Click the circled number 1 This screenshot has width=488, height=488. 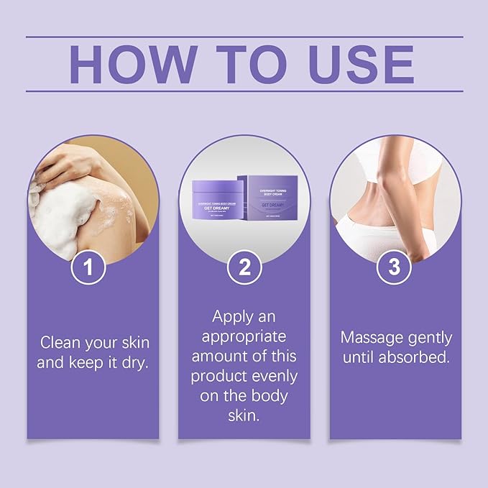tap(88, 267)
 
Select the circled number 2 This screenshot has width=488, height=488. tap(244, 267)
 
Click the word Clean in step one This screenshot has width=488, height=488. tap(63, 341)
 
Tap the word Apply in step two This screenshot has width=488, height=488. tap(232, 316)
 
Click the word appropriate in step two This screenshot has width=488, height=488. tap(244, 336)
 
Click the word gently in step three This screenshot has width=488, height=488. tap(427, 337)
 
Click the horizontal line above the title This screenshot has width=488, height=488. tap(244, 37)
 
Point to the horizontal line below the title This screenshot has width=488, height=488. tap(244, 91)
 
